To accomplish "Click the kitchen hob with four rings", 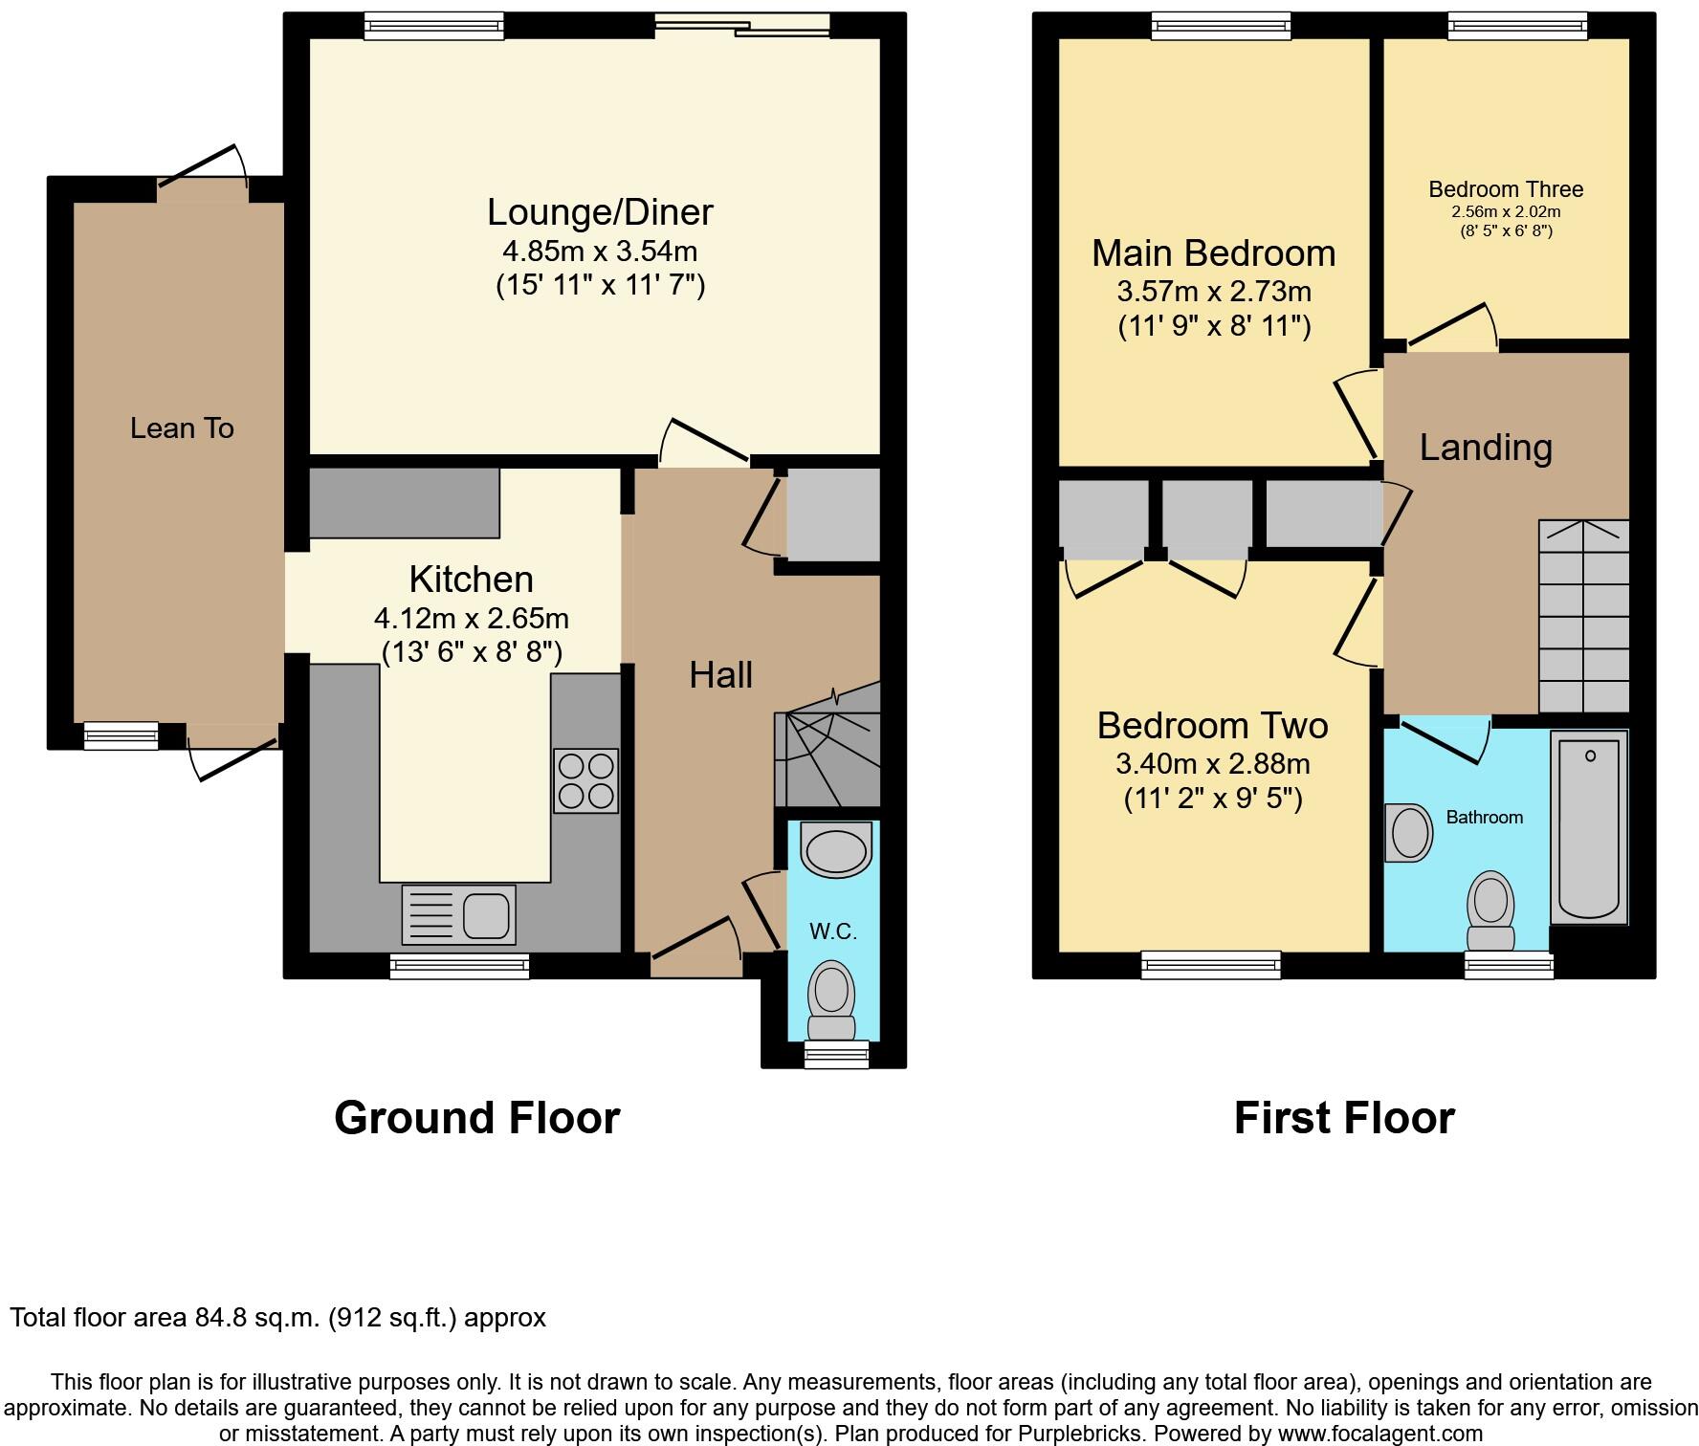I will coord(585,780).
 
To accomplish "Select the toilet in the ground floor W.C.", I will coord(831,1000).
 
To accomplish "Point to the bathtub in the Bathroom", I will coord(1589,827).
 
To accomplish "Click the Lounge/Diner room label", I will coord(600,211).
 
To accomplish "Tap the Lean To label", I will coord(182,427).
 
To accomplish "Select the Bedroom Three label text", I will coord(1506,189).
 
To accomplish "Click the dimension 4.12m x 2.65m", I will coord(471,618).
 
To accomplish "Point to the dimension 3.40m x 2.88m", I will coord(1212,763).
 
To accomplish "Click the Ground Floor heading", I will coord(476,1117).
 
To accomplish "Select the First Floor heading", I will coord(1344,1117).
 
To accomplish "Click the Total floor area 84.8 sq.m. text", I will coord(277,1318).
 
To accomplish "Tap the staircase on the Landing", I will coord(1583,616).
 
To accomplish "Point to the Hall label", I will coord(720,675).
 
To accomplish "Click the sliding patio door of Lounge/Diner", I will coord(742,26).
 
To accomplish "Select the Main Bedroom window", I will coord(1221,26).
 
